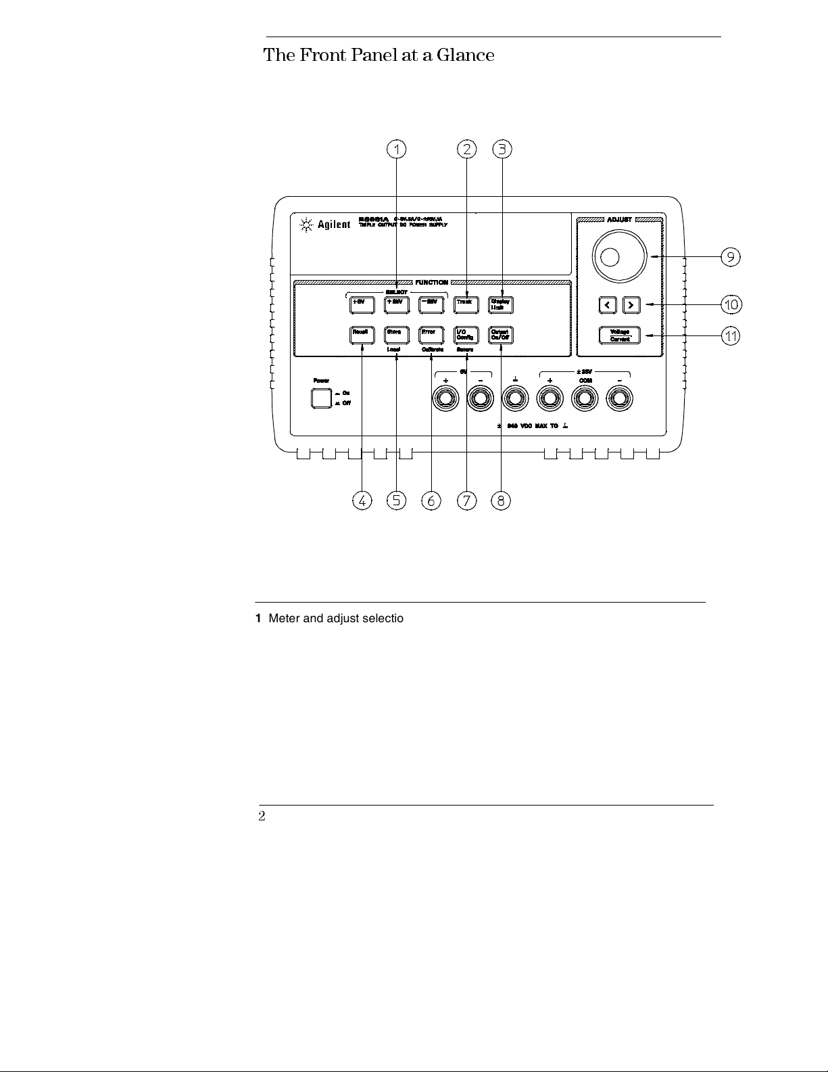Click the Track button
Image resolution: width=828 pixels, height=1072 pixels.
point(466,304)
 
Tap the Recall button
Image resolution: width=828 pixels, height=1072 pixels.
point(362,334)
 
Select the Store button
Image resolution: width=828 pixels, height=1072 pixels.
point(396,334)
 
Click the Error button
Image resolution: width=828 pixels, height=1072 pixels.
point(431,334)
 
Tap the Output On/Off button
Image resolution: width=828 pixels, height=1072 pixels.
point(500,334)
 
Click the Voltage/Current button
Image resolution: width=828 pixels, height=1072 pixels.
point(620,335)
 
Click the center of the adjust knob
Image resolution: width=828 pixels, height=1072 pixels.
point(610,257)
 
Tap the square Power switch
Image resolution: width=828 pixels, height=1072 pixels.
point(321,398)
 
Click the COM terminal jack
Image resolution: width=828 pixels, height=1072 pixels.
point(585,400)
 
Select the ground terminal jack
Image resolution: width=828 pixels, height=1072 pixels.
point(515,400)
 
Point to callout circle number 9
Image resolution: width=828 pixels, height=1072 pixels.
point(730,257)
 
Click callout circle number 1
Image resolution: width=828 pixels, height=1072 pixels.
point(397,149)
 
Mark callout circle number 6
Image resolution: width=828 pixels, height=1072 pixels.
point(431,500)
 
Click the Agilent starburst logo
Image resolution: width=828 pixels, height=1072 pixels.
point(306,225)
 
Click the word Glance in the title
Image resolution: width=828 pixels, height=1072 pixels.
point(465,55)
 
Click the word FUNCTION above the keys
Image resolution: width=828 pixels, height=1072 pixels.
point(431,282)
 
